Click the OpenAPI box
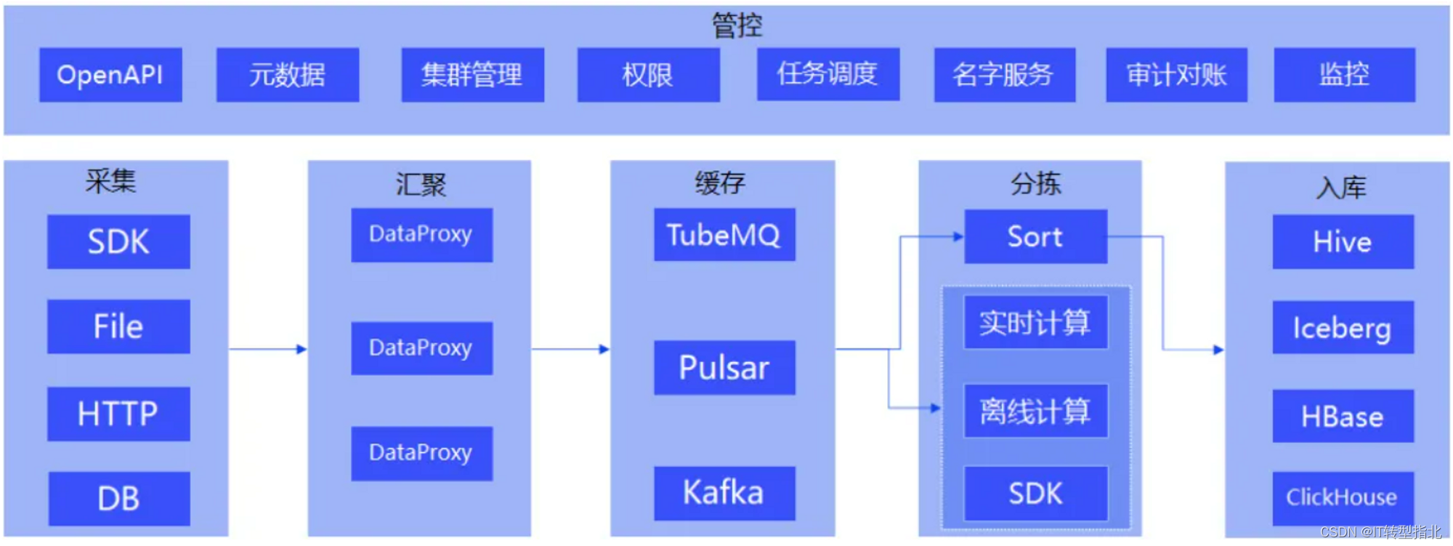(x=110, y=75)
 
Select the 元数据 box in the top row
(x=288, y=75)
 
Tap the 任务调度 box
(x=827, y=74)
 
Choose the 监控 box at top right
(x=1344, y=75)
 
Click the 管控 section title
(x=737, y=25)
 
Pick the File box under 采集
(x=118, y=326)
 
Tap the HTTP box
(x=118, y=414)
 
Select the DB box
(x=118, y=499)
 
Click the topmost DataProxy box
(x=421, y=235)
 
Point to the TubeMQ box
(x=724, y=235)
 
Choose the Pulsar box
(x=724, y=368)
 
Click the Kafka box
(x=724, y=494)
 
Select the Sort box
(x=1035, y=237)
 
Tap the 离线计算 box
(x=1035, y=411)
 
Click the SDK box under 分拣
(x=1035, y=494)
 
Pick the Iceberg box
(x=1343, y=327)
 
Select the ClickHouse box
(x=1343, y=498)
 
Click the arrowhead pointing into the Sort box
(x=958, y=236)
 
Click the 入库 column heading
(x=1341, y=188)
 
